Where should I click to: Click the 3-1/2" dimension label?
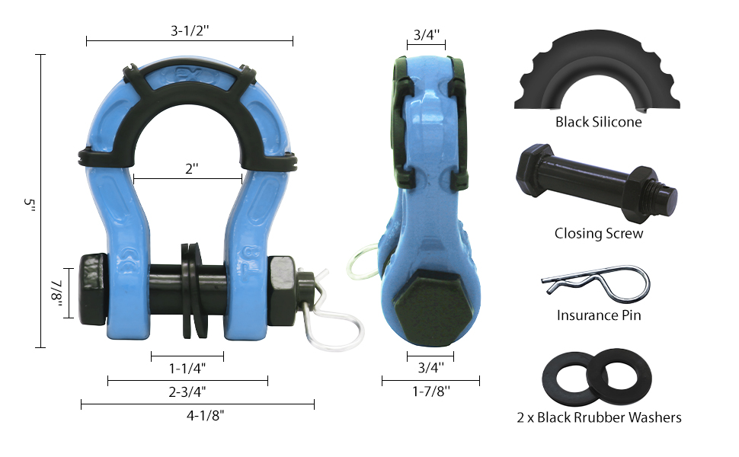pyautogui.click(x=190, y=31)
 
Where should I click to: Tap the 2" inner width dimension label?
pyautogui.click(x=191, y=168)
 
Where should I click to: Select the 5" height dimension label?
pyautogui.click(x=29, y=205)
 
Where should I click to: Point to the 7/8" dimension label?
pyautogui.click(x=57, y=293)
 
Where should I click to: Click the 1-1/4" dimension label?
pyautogui.click(x=187, y=368)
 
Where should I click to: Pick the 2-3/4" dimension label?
pyautogui.click(x=187, y=391)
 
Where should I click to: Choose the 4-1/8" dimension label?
pyautogui.click(x=205, y=416)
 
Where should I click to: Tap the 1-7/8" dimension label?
pyautogui.click(x=430, y=391)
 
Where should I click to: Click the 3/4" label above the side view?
pyautogui.click(x=426, y=34)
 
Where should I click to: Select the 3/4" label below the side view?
pyautogui.click(x=430, y=367)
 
